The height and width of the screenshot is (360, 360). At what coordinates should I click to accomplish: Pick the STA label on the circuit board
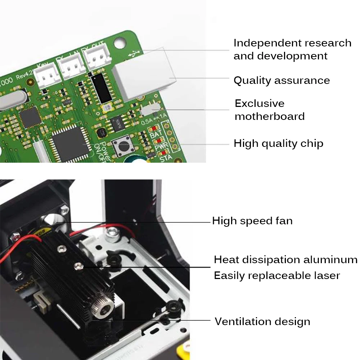pyautogui.click(x=165, y=157)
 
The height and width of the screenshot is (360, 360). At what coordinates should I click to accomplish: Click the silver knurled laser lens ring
pyautogui.click(x=103, y=307)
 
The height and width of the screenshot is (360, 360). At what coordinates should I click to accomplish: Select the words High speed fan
pyautogui.click(x=252, y=221)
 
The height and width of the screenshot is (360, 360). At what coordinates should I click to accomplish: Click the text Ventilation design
pyautogui.click(x=262, y=321)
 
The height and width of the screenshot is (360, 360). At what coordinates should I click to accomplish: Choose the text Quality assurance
pyautogui.click(x=282, y=80)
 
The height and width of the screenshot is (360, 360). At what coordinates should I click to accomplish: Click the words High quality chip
pyautogui.click(x=278, y=143)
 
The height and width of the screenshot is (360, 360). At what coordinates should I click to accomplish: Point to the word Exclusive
pyautogui.click(x=259, y=104)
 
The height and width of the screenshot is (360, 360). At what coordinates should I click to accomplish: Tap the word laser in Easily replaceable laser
pyautogui.click(x=325, y=276)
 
